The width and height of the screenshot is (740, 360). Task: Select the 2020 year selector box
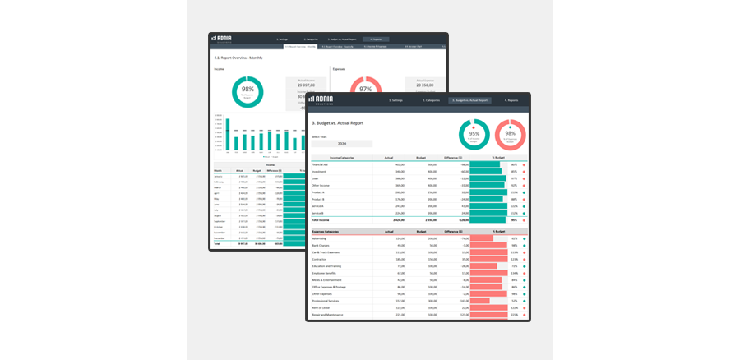pyautogui.click(x=341, y=143)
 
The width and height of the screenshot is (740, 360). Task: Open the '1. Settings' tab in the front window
pyautogui.click(x=395, y=100)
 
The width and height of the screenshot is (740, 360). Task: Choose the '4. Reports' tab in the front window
pyautogui.click(x=511, y=100)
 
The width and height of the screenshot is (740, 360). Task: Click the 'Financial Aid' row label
pyautogui.click(x=321, y=164)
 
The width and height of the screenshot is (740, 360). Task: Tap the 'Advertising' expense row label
pyautogui.click(x=320, y=238)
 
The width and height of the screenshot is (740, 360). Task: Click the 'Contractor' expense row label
pyautogui.click(x=320, y=259)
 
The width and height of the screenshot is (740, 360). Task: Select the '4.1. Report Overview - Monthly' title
pyautogui.click(x=238, y=58)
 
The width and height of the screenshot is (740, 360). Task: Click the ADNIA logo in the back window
pyautogui.click(x=224, y=39)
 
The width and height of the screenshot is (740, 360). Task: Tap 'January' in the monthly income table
pyautogui.click(x=219, y=176)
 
